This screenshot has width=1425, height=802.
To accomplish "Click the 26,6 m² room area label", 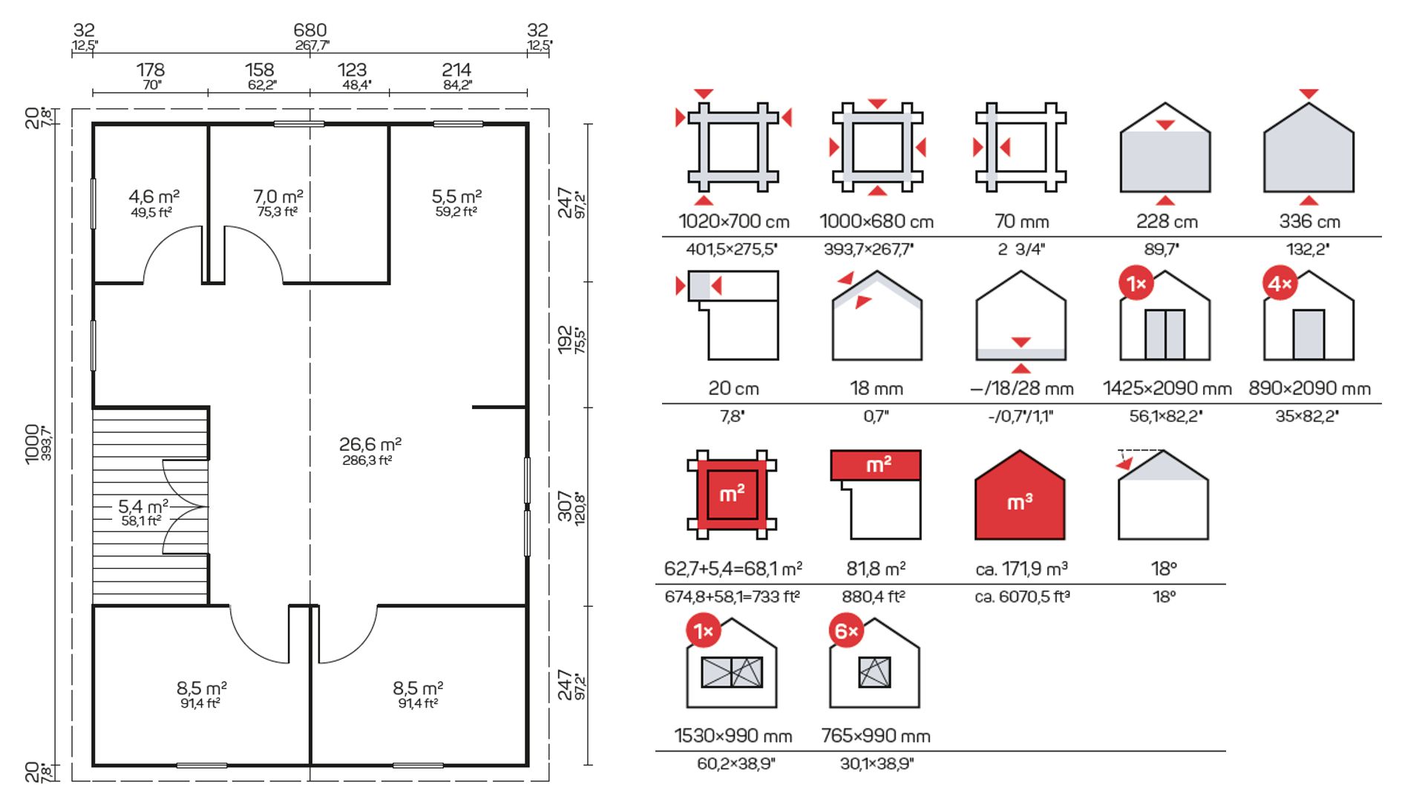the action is (370, 444).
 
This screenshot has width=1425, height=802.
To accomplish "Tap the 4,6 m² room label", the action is (154, 196).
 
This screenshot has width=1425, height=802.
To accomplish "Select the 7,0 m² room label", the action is (278, 196).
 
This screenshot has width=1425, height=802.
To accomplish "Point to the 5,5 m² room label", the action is (457, 196).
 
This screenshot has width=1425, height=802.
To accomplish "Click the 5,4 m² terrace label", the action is (143, 506).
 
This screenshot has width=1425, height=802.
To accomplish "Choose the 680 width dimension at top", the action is (310, 30).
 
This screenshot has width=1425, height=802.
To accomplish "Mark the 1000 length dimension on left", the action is (32, 444).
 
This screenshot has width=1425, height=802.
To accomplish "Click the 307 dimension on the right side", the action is (566, 506).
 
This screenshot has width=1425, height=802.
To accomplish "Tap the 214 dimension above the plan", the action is (456, 70).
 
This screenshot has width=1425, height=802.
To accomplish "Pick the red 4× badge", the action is (1280, 284).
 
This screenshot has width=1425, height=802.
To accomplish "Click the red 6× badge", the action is (846, 631).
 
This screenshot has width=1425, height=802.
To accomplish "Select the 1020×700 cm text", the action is (734, 221).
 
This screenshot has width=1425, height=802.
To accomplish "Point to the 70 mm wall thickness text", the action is (1022, 221).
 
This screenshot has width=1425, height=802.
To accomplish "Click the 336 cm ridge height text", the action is (1310, 221).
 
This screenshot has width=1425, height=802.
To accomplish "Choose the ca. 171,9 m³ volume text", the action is (1021, 569).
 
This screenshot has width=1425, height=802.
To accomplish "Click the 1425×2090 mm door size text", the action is (1167, 388).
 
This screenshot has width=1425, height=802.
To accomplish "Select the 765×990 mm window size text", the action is (876, 736).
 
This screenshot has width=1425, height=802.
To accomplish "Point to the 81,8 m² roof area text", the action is (876, 569).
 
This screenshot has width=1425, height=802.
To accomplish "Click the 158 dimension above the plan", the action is (260, 70).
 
